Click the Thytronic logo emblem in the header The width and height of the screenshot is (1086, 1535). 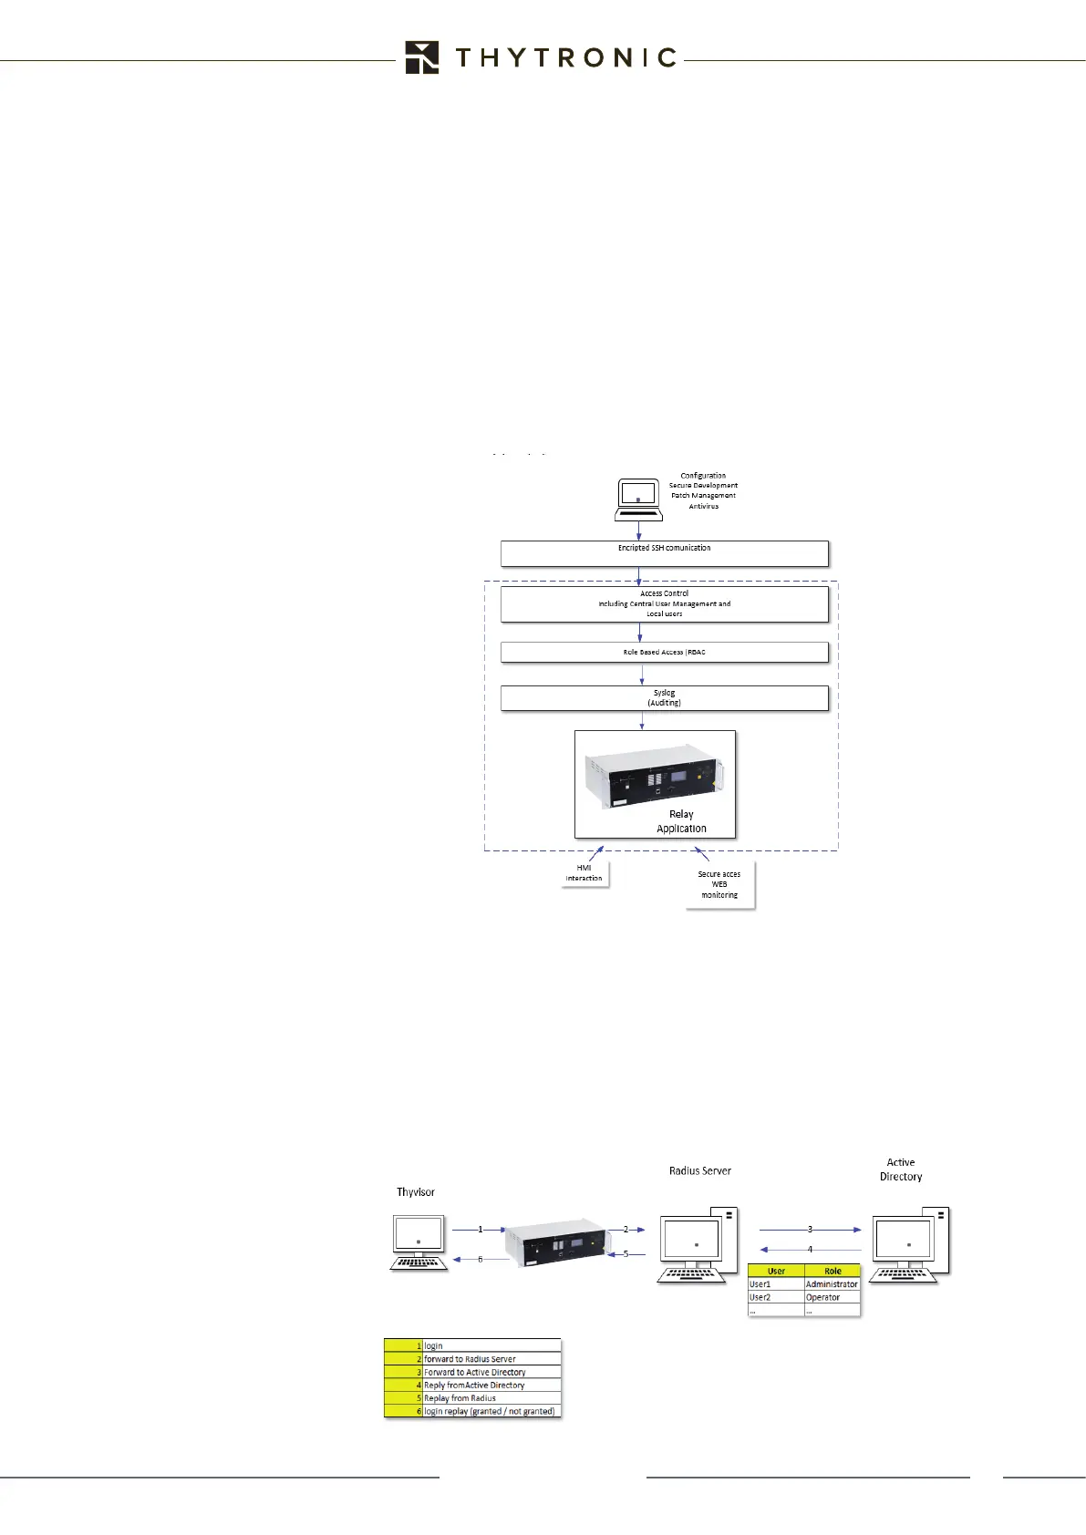pos(422,57)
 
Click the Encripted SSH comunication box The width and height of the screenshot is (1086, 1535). pos(664,553)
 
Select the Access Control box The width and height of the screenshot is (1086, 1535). pos(664,603)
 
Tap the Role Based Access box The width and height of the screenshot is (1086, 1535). pos(664,653)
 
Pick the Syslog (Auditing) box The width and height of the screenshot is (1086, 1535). pos(664,698)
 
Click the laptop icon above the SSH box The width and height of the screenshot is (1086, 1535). pos(638,500)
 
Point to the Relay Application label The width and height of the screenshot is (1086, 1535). pos(681,821)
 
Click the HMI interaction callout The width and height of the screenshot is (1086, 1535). pos(584,873)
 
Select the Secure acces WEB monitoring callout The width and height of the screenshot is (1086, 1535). pos(719,884)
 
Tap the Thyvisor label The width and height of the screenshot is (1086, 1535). pos(416,1192)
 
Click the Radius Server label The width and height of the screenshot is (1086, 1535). pos(700,1171)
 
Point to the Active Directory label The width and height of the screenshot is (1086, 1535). pos(901,1169)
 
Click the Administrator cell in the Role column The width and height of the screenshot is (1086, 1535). pos(832,1284)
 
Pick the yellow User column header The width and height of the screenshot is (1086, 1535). pos(776,1271)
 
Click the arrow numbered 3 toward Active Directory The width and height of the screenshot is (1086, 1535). pos(810,1230)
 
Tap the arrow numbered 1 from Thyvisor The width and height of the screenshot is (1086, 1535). pos(480,1230)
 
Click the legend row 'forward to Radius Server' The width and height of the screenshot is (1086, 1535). pos(472,1359)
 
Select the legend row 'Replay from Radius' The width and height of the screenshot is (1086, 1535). pos(472,1398)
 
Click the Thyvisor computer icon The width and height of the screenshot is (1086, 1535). pos(419,1242)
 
